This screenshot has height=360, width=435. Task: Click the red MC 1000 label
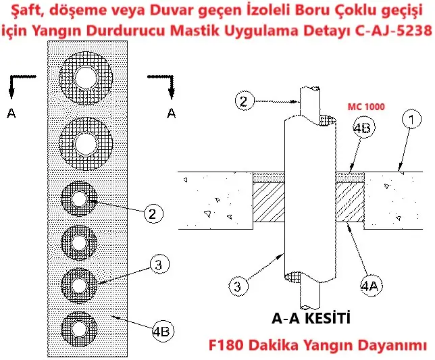tap(366, 107)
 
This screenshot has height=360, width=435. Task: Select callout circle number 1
tap(412, 120)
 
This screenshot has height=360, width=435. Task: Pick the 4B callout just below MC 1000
tap(364, 128)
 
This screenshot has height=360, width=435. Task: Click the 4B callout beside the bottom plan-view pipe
tap(163, 332)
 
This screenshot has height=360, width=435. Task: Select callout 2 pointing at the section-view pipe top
tap(245, 101)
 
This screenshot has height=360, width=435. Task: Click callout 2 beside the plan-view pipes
tap(153, 213)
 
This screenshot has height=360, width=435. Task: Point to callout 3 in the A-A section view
tap(238, 286)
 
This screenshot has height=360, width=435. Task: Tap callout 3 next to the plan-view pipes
tap(159, 263)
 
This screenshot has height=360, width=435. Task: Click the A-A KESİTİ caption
tap(311, 318)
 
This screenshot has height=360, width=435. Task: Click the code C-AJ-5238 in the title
tap(394, 30)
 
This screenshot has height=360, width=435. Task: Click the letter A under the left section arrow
tap(11, 113)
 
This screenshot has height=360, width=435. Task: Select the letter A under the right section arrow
tap(172, 113)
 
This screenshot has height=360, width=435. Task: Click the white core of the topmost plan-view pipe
tap(86, 78)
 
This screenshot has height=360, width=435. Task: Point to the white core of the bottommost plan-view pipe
tap(79, 330)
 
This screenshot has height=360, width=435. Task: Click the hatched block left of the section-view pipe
tap(269, 202)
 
